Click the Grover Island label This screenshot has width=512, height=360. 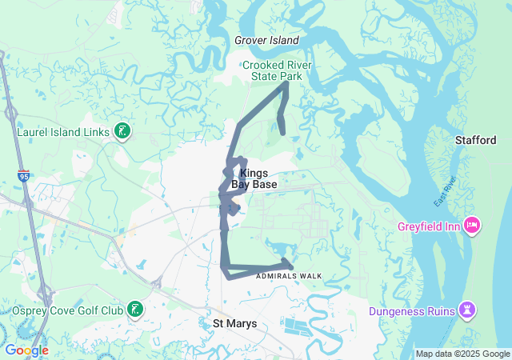point(266,40)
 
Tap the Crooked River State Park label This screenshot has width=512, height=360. point(277,70)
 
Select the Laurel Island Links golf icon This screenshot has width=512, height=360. point(122,131)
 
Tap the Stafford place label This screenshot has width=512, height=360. point(476,140)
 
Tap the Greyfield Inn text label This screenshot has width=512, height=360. point(429,226)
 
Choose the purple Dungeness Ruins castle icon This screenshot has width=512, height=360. point(467,310)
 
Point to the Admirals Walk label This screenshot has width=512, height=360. point(289,276)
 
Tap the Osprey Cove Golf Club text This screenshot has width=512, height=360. point(67,310)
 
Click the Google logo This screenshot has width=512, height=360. point(26,350)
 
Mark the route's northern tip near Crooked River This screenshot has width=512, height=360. point(286,82)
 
